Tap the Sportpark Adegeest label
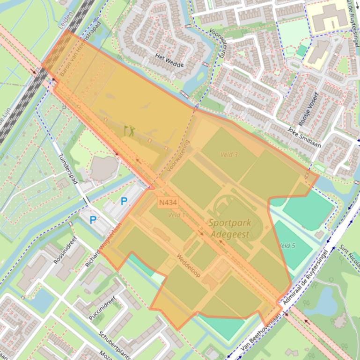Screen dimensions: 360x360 coord(229,229)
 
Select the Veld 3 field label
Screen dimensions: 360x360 coord(229,154)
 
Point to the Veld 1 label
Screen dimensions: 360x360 coord(176,215)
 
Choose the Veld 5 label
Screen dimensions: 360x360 coord(287,245)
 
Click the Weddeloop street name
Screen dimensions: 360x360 coord(189,265)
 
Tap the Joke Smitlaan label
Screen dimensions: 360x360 coord(304,137)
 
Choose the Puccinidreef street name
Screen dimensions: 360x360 coord(101,306)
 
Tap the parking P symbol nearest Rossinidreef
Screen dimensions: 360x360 coord(93,219)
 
